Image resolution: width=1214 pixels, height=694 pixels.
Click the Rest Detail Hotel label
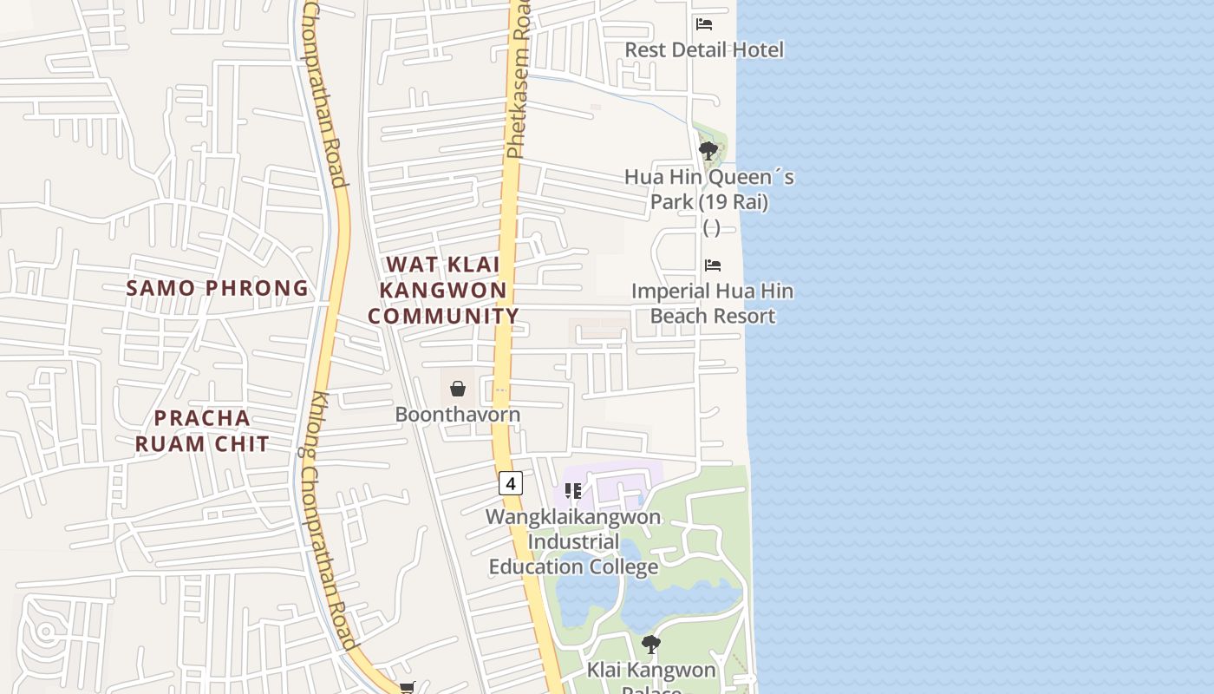point(704,49)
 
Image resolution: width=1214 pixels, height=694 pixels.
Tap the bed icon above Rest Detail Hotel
point(704,24)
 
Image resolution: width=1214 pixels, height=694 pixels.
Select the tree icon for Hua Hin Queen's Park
point(708,151)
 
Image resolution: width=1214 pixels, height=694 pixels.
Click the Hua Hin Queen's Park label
point(709,189)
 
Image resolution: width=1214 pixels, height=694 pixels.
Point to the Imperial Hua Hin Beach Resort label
point(712,303)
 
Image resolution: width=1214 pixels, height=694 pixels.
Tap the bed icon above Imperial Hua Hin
point(713,265)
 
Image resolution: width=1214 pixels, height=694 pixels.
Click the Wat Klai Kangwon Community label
point(443,291)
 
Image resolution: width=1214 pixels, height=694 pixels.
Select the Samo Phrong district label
point(218,288)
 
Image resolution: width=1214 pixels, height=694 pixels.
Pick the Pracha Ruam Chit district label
point(203,430)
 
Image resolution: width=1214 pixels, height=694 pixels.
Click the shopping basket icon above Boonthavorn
point(458,389)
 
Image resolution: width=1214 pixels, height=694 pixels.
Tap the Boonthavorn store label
point(458,414)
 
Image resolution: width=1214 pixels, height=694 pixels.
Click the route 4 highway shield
point(511,483)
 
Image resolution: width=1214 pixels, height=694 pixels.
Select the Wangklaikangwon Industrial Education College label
point(573,542)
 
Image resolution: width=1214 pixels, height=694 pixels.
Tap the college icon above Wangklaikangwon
point(573,492)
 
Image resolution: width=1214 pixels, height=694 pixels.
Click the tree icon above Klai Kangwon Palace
point(651,645)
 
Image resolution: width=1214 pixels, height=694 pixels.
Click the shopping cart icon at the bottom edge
point(408,688)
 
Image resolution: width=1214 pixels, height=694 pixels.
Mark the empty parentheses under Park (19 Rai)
point(711,227)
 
